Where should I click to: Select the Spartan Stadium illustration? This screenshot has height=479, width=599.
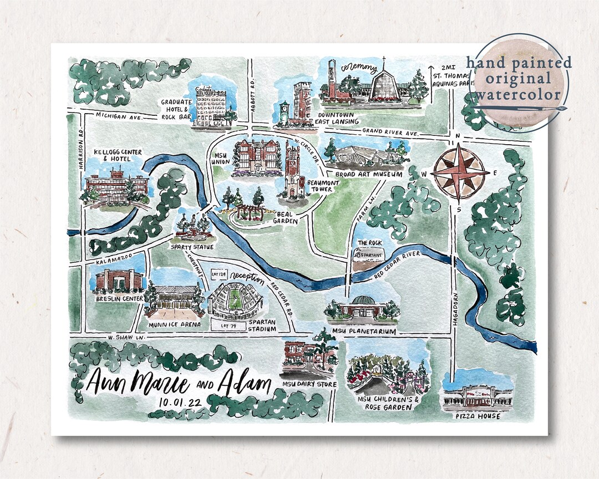(235, 301)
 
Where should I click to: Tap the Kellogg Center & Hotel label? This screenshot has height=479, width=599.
(118, 155)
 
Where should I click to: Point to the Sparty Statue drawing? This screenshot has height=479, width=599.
(191, 224)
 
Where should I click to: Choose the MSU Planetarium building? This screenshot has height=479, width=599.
(362, 309)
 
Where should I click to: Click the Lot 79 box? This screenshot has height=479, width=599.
(225, 326)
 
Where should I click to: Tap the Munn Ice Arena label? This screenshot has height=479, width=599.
(175, 324)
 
